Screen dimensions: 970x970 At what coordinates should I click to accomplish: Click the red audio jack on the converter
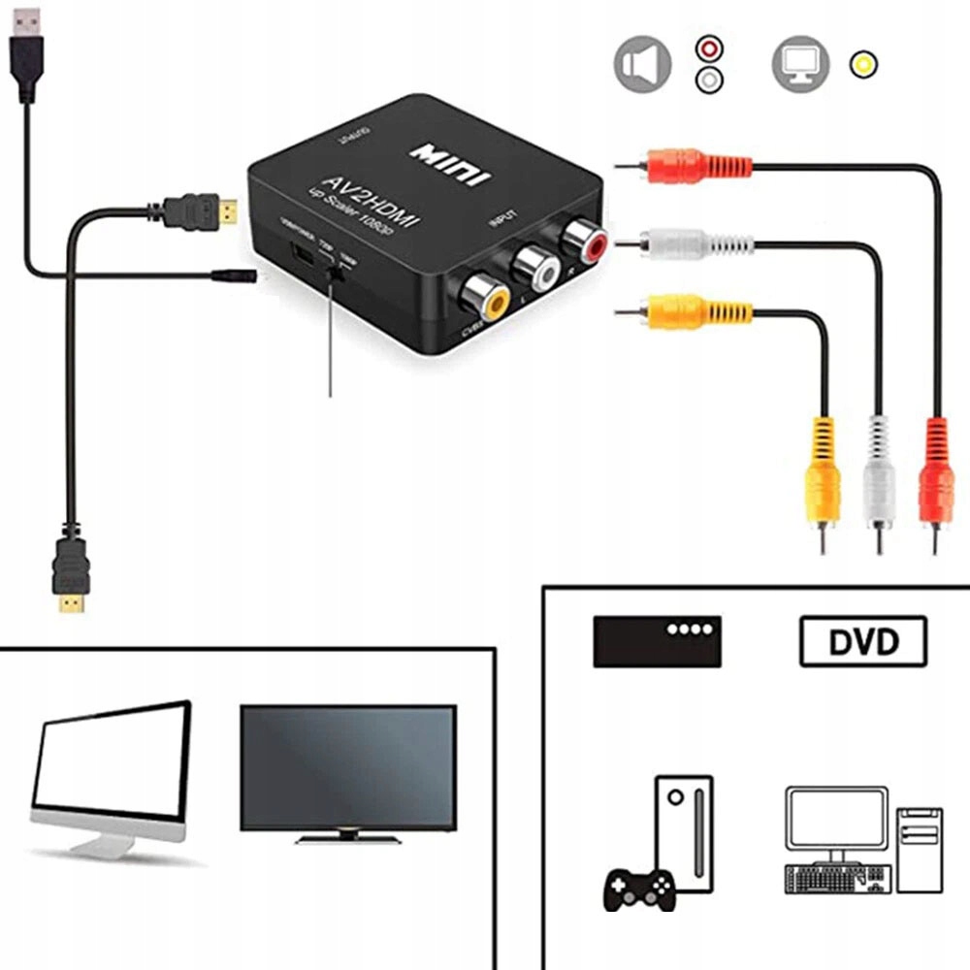[x=584, y=236]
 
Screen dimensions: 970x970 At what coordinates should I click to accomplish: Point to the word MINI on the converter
[x=451, y=164]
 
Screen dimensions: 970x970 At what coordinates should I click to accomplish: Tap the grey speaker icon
[x=642, y=65]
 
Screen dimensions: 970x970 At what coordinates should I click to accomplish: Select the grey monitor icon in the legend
[x=800, y=65]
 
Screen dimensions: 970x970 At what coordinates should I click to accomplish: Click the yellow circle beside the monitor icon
[x=860, y=64]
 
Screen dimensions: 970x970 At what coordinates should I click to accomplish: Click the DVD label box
[x=862, y=641]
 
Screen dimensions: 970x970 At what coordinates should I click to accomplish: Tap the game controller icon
[x=640, y=887]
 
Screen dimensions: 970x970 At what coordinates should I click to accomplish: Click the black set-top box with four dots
[x=657, y=640]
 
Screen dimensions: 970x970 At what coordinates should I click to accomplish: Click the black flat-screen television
[x=348, y=771]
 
